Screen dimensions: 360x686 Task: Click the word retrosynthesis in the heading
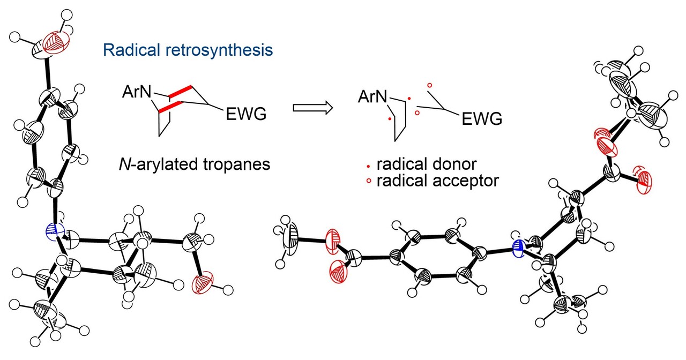tap(217, 50)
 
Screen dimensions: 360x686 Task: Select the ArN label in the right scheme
tap(373, 96)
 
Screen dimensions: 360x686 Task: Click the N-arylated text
tap(154, 163)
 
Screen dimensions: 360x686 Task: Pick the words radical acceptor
tap(437, 181)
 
